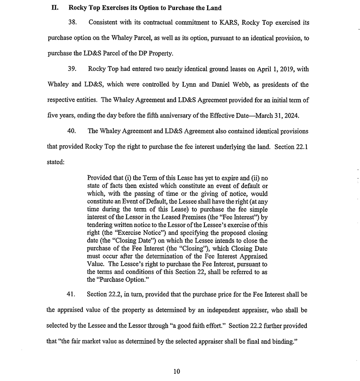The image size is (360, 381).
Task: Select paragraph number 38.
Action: coord(72,23)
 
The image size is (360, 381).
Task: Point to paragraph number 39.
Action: coord(72,69)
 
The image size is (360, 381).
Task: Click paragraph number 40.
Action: coord(72,131)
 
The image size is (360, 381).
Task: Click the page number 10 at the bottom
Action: coord(177,371)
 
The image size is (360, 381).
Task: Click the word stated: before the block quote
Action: coord(56,162)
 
